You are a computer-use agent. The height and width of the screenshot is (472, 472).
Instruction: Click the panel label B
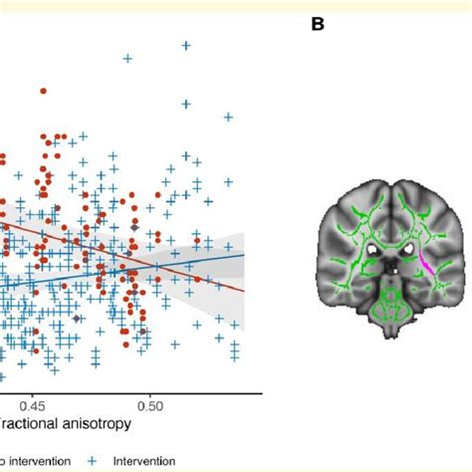[x=318, y=24]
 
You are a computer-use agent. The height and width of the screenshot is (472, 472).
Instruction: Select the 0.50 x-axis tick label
[x=150, y=406]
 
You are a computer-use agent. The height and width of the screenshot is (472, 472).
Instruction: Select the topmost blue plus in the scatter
[x=183, y=45]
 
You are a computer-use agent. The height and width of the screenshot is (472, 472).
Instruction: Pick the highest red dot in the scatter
[x=44, y=93]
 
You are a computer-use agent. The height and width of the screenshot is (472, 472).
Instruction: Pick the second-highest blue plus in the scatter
[x=127, y=59]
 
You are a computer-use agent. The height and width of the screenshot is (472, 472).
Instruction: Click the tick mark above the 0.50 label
[x=150, y=394]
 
